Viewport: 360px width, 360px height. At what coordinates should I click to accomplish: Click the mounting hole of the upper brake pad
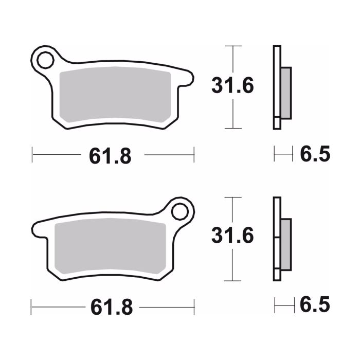pyautogui.click(x=44, y=60)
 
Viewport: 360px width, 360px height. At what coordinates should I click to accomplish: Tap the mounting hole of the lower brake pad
pyautogui.click(x=181, y=211)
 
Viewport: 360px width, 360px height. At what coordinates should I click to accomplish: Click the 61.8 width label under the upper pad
pyautogui.click(x=110, y=156)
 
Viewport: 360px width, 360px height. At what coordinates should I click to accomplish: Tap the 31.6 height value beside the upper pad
pyautogui.click(x=232, y=86)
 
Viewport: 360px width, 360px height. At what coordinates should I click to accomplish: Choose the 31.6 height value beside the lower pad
pyautogui.click(x=232, y=236)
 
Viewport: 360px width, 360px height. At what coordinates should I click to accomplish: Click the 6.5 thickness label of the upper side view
pyautogui.click(x=314, y=154)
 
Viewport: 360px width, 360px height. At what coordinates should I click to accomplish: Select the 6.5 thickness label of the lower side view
pyautogui.click(x=314, y=305)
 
